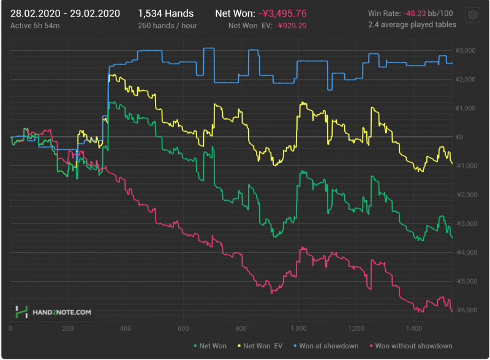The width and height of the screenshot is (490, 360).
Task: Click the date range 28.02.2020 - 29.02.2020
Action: pos(66,13)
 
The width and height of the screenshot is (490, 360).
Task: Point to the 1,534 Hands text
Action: pos(165,13)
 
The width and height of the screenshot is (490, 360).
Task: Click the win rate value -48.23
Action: pos(418,13)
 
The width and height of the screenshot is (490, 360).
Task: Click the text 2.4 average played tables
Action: pos(412,25)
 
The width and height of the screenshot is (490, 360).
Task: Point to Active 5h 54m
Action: pos(34,26)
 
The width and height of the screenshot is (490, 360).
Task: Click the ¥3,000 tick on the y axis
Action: pos(467,51)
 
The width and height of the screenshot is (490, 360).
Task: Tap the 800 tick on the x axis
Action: pos(241,328)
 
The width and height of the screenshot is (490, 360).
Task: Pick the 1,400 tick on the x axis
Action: pos(413,328)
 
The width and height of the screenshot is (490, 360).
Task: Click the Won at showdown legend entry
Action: pos(327,346)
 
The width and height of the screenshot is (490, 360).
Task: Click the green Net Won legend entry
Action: pos(211,346)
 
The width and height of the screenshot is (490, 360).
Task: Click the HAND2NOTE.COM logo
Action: pos(54,312)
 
